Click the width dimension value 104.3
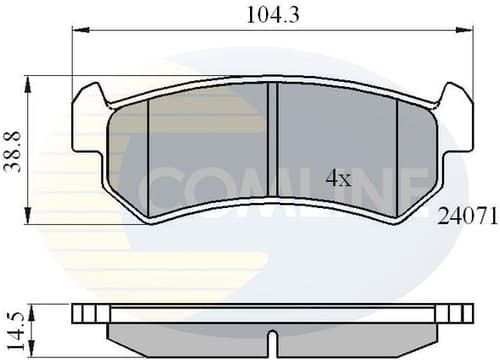[273, 14]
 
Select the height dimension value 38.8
[14, 150]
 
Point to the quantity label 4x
[339, 179]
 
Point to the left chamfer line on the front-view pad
[148, 150]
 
